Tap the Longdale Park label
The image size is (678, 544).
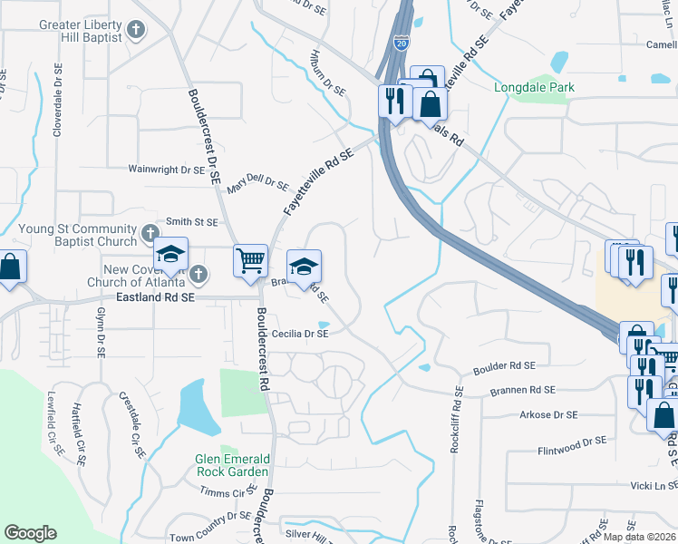535,88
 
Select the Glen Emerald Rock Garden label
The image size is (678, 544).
232,465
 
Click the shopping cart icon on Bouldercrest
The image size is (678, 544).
250,261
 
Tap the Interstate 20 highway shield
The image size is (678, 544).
401,42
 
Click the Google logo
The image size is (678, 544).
31,533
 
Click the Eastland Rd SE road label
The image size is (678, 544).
155,296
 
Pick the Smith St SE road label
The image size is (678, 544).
191,221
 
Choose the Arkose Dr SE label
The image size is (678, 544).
547,414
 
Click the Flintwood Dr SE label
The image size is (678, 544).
572,441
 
